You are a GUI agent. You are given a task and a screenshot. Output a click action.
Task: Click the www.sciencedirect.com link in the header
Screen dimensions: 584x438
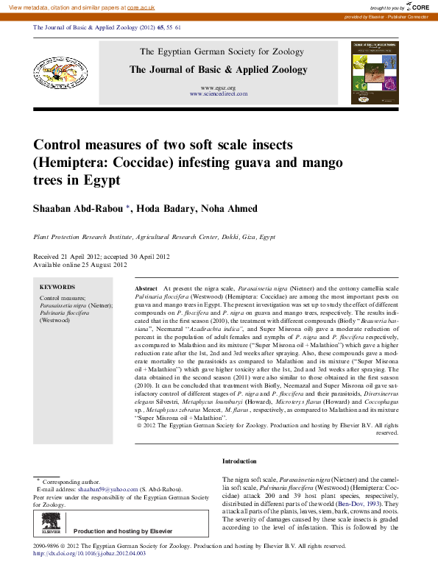tap(218, 94)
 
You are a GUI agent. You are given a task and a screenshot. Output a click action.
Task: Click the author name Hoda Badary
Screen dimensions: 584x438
tap(163, 209)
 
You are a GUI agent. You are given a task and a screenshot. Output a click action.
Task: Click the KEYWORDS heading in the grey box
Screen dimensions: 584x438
tap(57, 287)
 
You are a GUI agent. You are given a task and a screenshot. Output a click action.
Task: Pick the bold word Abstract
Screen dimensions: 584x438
tap(146, 290)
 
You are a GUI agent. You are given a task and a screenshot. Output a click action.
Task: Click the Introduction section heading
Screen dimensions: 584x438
tap(239, 461)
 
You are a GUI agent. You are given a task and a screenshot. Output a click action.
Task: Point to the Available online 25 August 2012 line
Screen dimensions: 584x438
tap(76, 264)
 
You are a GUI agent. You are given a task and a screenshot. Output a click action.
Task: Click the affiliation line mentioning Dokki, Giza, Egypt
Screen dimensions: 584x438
tap(155, 238)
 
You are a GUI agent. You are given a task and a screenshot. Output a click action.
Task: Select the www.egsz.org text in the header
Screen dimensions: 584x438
tap(218, 88)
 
